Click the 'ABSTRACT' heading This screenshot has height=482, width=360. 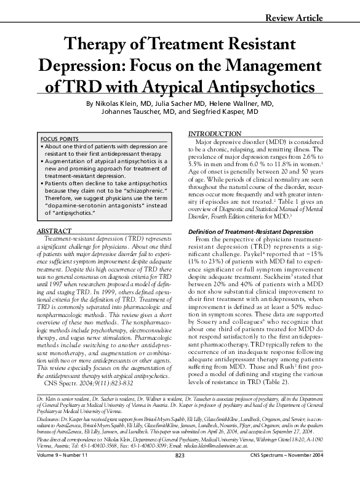(56, 214)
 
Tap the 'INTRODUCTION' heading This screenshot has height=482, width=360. (215, 134)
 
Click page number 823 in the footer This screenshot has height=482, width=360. (180, 472)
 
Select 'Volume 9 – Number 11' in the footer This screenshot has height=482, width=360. (64, 472)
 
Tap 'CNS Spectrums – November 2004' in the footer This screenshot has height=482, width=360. (293, 472)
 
